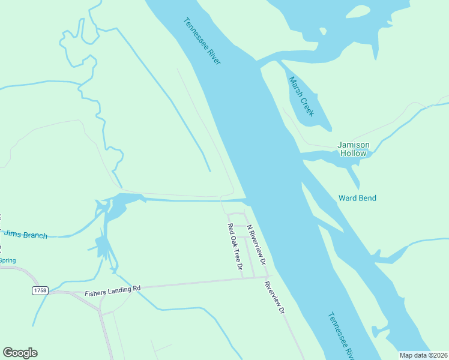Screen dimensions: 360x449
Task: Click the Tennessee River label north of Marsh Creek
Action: [x=202, y=41]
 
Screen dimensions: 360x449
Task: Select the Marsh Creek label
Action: [x=301, y=96]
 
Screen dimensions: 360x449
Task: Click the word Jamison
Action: [x=353, y=145]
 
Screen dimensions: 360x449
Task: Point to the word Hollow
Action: [x=353, y=154]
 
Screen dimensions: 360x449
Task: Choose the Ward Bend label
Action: [x=357, y=198]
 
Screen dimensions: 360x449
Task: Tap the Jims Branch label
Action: [x=26, y=235]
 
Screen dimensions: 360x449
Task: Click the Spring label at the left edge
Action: [x=7, y=260]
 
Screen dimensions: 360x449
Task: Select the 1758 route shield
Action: [x=40, y=290]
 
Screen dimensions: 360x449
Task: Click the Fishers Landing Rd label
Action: [x=112, y=291]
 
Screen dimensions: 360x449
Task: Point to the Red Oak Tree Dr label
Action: [x=234, y=247]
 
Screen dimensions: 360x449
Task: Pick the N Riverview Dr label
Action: [x=256, y=244]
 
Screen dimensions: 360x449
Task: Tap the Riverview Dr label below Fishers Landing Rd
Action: [x=274, y=297]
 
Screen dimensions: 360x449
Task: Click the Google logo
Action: [x=20, y=353]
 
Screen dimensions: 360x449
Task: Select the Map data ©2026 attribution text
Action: [x=423, y=355]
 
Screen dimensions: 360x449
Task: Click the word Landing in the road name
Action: [x=118, y=290]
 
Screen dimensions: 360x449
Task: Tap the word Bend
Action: [x=367, y=198]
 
